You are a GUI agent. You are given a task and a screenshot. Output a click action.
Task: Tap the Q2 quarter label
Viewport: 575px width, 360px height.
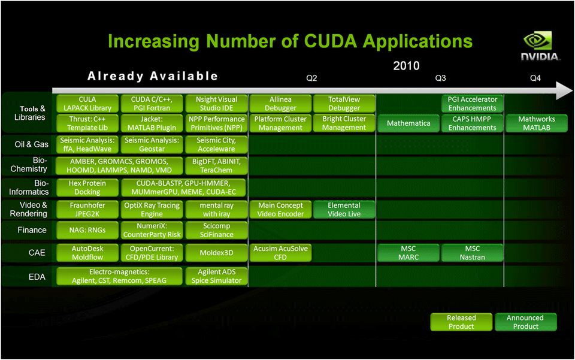coord(311,78)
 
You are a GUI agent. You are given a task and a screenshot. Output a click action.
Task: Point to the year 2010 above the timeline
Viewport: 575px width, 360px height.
coord(406,66)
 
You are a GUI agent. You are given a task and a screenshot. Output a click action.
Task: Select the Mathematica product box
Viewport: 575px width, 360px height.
coord(408,123)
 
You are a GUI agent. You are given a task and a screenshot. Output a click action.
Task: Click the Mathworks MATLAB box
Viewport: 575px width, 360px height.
coord(537,123)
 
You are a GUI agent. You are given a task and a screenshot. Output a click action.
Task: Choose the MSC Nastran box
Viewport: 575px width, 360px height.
coord(473,253)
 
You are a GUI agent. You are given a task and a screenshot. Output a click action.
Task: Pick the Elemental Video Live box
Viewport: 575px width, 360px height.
coord(344,209)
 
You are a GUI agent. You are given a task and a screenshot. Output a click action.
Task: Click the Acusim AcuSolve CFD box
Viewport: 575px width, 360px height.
coord(280,253)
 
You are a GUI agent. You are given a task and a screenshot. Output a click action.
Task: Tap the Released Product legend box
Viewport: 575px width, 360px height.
coord(461,322)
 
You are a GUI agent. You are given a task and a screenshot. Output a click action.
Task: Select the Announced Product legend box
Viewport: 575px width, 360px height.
coord(525,322)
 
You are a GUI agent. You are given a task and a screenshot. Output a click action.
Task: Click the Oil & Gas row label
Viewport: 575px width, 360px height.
coord(32,144)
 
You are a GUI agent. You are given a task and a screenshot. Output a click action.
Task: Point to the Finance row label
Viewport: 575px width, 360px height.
coord(32,230)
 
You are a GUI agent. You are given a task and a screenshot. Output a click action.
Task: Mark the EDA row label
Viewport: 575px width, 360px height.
coord(37,277)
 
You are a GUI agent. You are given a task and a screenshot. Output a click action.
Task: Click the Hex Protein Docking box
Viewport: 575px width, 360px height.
coord(87,187)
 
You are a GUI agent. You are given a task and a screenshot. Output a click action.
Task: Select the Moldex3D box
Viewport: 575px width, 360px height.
coord(216,253)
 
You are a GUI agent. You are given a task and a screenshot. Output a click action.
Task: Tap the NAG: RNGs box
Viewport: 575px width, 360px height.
coord(87,230)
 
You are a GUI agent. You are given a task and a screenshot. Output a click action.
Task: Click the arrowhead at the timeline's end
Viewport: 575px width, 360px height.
coord(564,90)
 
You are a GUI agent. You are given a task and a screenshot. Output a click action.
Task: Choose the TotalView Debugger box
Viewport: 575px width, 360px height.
coord(344,104)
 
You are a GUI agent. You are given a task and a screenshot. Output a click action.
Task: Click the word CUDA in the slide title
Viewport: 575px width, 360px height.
coord(331,41)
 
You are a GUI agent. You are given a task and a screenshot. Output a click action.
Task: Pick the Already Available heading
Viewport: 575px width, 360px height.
coord(153,76)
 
